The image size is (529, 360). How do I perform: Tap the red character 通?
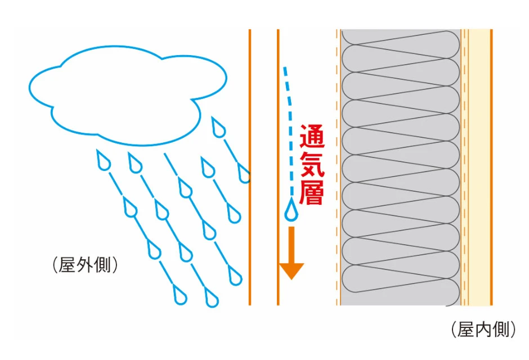click(311, 136)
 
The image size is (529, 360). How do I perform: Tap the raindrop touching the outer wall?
click(244, 174)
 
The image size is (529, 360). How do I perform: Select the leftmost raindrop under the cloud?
click(104, 162)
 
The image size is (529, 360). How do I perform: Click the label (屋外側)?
click(84, 264)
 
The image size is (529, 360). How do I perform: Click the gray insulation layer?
click(400, 169)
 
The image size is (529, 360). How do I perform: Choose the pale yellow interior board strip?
click(478, 169)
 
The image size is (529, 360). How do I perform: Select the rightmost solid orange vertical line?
click(491, 169)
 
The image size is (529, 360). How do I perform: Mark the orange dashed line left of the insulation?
click(337, 169)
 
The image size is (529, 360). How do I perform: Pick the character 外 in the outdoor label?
click(84, 264)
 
